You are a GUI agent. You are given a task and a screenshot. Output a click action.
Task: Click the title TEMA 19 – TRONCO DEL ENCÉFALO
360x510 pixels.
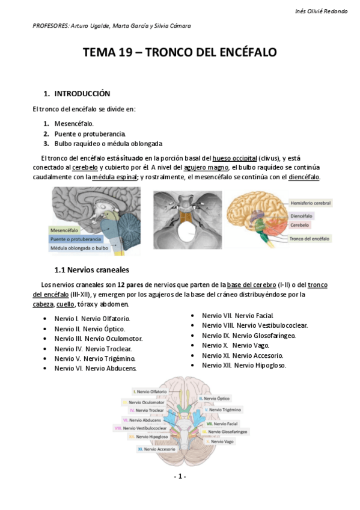click(180, 53)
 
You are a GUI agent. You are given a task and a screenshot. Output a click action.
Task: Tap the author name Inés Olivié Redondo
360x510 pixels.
click(322, 11)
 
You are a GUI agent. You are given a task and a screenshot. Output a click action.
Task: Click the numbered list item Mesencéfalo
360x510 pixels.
click(74, 123)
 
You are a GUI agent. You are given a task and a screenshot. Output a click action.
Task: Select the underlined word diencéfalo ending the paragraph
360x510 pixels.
click(304, 177)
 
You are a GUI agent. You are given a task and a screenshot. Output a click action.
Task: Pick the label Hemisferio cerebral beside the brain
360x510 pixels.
click(311, 203)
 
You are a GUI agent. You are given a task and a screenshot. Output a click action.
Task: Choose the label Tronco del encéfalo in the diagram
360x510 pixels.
click(309, 239)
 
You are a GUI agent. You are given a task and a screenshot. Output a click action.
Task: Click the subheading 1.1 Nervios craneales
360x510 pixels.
click(91, 269)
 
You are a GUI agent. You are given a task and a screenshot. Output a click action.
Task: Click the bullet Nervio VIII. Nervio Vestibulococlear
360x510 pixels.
click(255, 325)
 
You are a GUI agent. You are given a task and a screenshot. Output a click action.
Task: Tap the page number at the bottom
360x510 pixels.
click(180, 476)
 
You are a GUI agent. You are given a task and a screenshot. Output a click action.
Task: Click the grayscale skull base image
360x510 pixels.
click(188, 220)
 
